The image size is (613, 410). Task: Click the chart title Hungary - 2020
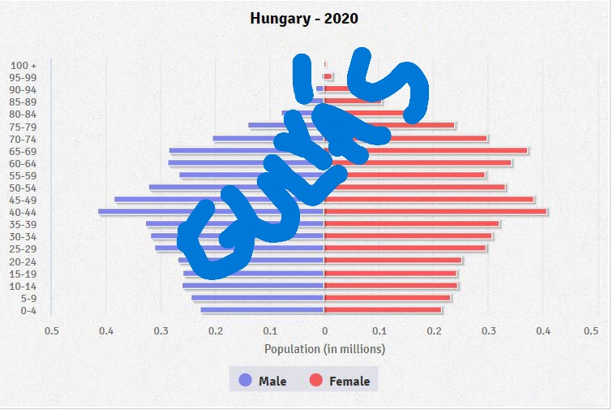tap(304, 19)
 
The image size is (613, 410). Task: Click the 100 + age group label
tap(24, 65)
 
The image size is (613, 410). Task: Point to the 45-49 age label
tap(23, 200)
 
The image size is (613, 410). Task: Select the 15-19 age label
tap(23, 274)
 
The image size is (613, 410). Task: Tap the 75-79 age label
tap(23, 127)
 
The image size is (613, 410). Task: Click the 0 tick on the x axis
tap(324, 331)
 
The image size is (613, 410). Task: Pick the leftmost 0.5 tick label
tap(52, 331)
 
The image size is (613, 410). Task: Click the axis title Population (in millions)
tap(324, 349)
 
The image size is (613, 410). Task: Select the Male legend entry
tap(264, 381)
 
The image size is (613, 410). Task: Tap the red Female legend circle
tap(316, 380)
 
